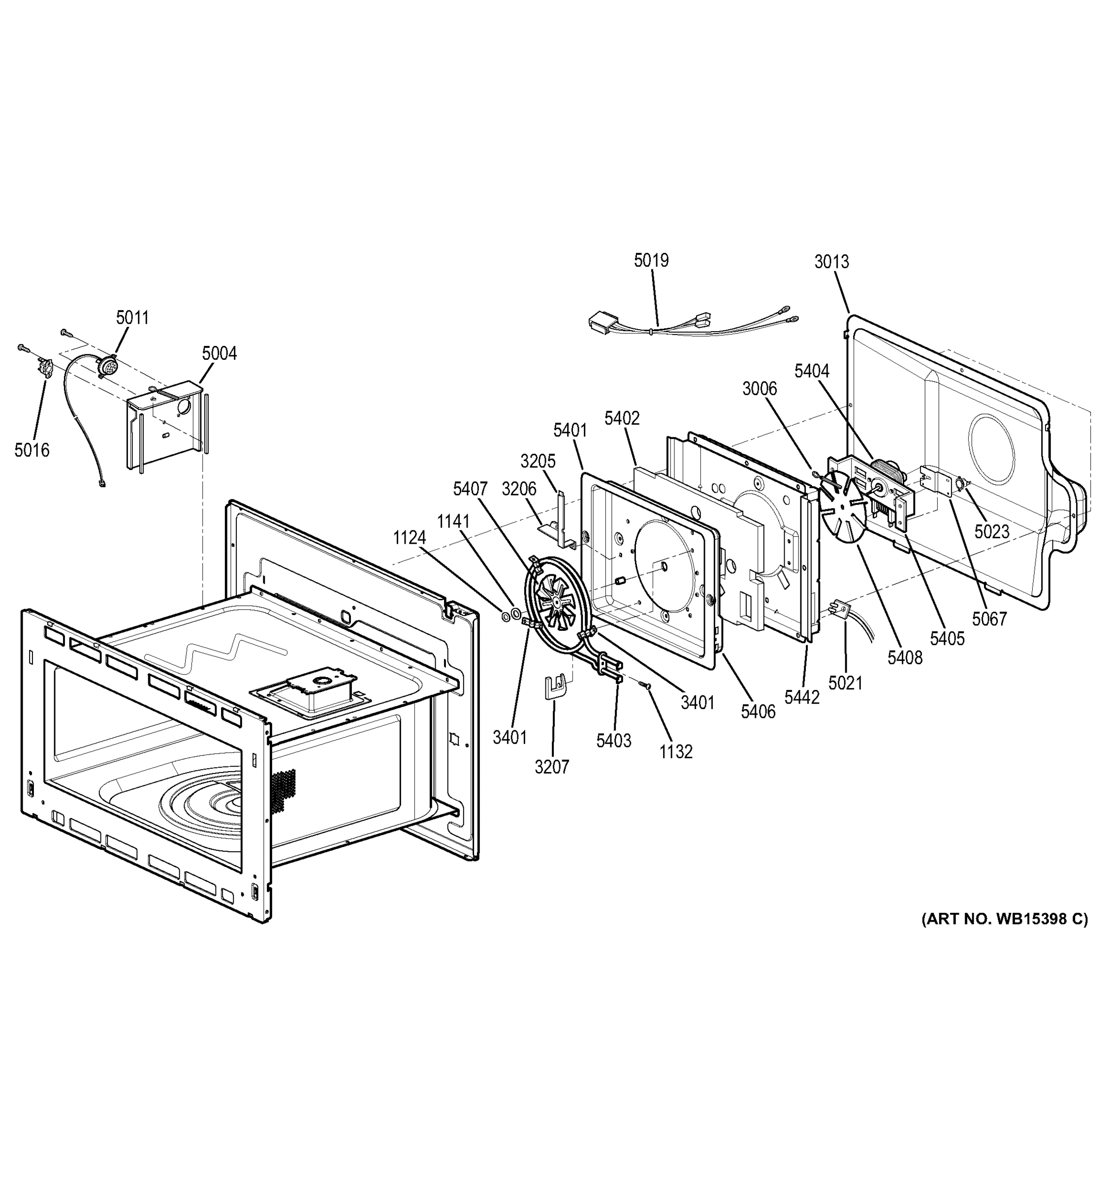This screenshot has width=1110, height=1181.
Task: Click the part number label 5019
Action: click(651, 260)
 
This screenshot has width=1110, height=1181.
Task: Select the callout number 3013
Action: click(831, 261)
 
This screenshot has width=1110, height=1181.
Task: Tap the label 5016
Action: click(32, 450)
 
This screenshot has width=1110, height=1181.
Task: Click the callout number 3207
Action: click(551, 767)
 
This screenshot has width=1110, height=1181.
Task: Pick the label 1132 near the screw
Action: click(676, 752)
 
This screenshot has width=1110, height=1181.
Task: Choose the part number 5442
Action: click(801, 697)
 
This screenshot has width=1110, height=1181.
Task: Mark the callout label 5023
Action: click(991, 531)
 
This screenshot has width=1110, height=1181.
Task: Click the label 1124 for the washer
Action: click(410, 538)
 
